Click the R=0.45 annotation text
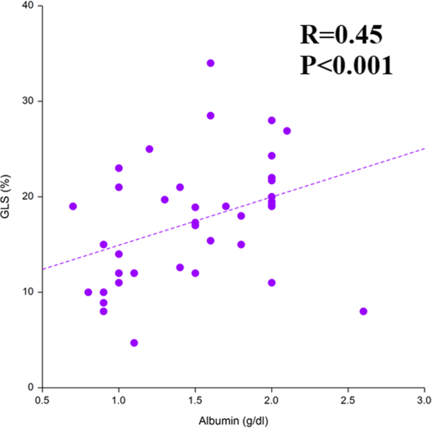tap(341, 35)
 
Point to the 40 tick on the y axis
tap(30, 6)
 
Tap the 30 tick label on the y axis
tap(30, 101)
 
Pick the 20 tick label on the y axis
tap(30, 196)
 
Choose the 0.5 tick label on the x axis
tap(42, 400)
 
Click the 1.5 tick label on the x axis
tap(195, 400)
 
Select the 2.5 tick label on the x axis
tap(348, 400)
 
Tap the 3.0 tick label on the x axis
tap(424, 400)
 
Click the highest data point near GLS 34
tap(211, 63)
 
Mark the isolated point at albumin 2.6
tap(363, 311)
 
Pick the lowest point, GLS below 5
tap(134, 343)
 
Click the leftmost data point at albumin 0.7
tap(73, 206)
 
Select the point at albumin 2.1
tap(287, 130)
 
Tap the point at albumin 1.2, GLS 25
tap(149, 149)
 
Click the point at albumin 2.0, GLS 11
tap(272, 282)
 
